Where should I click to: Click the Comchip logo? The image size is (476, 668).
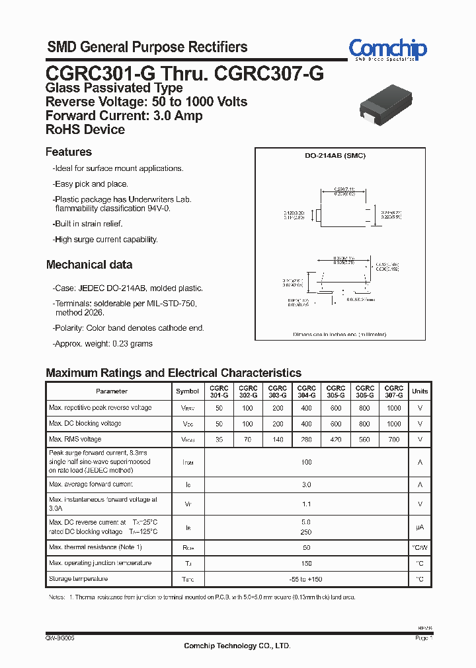(x=387, y=50)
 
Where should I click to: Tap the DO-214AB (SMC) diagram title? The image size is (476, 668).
(x=335, y=156)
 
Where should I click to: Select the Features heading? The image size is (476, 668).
(x=69, y=152)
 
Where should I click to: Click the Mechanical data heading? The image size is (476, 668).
(x=89, y=265)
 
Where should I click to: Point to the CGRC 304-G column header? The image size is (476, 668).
(x=306, y=391)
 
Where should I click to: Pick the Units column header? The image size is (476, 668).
(x=419, y=391)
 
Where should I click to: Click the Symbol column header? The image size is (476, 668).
(x=187, y=391)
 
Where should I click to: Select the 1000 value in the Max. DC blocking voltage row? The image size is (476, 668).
(x=393, y=424)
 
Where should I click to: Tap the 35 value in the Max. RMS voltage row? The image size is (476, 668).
(x=219, y=440)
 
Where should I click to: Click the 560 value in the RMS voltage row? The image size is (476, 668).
(x=364, y=440)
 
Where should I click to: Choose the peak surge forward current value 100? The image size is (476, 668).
(x=306, y=463)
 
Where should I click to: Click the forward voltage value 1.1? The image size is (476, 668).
(x=306, y=504)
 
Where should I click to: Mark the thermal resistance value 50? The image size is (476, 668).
(x=306, y=548)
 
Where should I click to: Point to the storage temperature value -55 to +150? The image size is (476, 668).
(x=306, y=579)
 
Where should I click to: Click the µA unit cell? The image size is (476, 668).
(x=419, y=527)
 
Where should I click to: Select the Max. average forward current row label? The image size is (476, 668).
(x=92, y=484)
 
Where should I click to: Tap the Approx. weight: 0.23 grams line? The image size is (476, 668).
(x=102, y=343)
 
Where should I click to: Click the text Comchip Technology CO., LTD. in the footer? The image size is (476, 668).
(x=237, y=646)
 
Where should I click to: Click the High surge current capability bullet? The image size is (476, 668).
(x=105, y=240)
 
